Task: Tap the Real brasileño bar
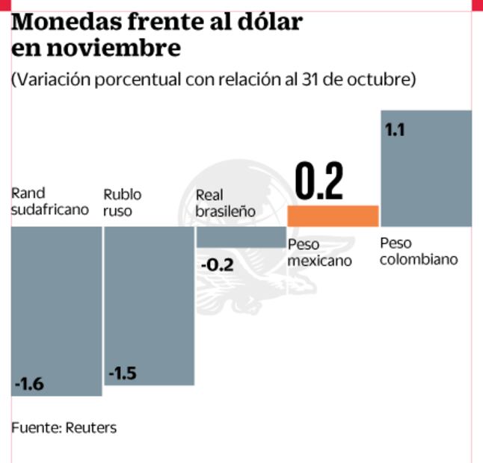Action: (241, 237)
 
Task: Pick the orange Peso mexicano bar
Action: (333, 216)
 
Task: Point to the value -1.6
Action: (30, 385)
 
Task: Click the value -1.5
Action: (122, 373)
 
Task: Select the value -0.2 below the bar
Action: (216, 265)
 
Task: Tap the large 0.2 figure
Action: (319, 181)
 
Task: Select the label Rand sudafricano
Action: (49, 202)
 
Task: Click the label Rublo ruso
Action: (122, 202)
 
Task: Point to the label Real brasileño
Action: (225, 202)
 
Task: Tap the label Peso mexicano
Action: (319, 252)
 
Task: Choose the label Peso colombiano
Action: (418, 251)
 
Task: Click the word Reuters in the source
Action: (91, 428)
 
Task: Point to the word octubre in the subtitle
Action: (381, 79)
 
